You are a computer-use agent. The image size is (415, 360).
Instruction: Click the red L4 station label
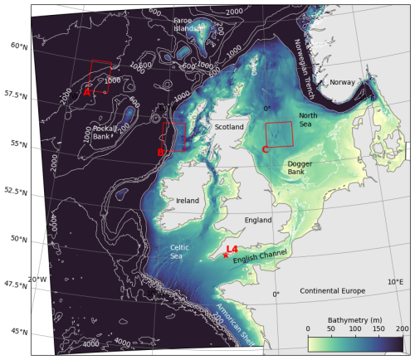tap(232, 249)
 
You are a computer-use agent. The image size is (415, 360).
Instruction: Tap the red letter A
tap(86, 94)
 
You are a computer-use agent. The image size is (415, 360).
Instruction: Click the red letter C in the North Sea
tap(264, 149)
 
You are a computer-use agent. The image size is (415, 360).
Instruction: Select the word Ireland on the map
tap(188, 201)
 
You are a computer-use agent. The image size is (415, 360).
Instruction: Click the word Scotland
tap(229, 127)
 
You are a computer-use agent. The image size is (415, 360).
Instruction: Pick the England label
tap(258, 220)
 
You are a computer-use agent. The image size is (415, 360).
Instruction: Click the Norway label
tap(342, 82)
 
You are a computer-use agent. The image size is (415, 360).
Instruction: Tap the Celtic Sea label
tap(183, 251)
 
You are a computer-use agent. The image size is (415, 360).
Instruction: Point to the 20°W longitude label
tap(36, 280)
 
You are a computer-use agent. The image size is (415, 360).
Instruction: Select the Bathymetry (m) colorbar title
tap(354, 318)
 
